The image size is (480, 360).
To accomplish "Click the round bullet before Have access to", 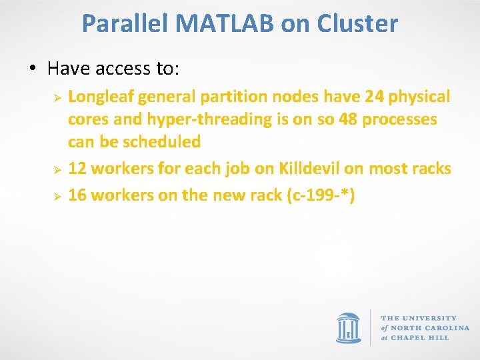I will [31, 69].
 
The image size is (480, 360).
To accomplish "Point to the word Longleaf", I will [102, 97].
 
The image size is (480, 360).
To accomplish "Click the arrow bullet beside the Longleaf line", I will [58, 97].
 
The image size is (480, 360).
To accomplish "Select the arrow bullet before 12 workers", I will [58, 169].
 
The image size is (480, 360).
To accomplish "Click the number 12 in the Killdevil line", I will [77, 169].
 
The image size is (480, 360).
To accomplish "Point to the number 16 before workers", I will [77, 196].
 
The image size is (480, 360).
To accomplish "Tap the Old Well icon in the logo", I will [349, 327].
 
